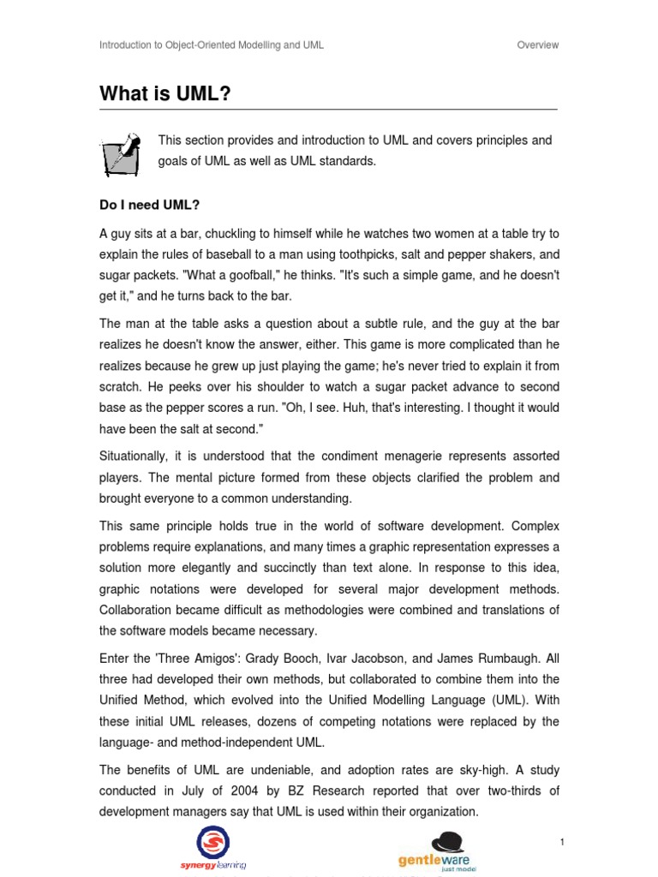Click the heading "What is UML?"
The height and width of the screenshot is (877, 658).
coord(165,93)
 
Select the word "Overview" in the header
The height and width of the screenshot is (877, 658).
coord(537,45)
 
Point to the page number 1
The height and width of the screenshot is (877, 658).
coord(561,819)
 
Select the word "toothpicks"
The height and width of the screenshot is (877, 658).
coord(400,254)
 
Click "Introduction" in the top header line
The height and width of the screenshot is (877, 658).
coord(124,45)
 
